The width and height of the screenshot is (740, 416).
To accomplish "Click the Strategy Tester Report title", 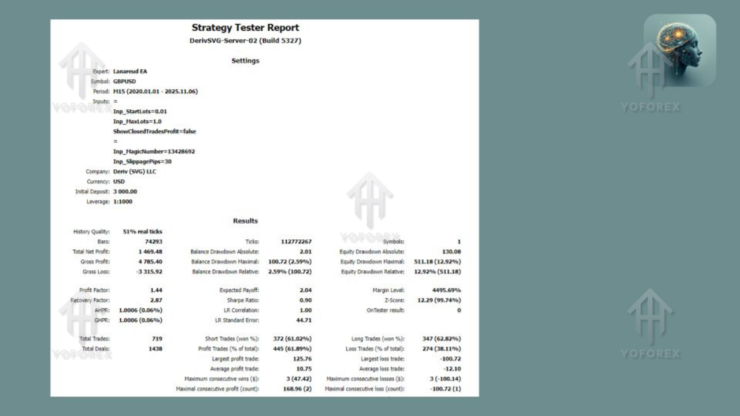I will coord(245,28).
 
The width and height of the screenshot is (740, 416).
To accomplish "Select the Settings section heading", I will coord(245,61).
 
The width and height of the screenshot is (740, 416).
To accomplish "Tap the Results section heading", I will coord(245,221).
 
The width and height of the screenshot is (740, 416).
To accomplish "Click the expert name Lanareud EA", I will coord(130,72).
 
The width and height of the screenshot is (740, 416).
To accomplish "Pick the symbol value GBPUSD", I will coord(125,81).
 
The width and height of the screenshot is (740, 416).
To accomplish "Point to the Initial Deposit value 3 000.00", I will coord(125,192).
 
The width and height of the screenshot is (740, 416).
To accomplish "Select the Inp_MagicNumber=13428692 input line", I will coord(154,151).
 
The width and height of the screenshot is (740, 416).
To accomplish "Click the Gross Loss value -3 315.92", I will coord(149,272).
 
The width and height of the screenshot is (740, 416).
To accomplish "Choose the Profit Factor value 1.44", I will coord(156,291).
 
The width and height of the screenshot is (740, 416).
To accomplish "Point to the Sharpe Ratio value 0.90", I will coord(305,300).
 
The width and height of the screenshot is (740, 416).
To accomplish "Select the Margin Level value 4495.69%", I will coord(446,291).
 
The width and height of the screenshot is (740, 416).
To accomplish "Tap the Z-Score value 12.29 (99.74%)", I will coord(439,300).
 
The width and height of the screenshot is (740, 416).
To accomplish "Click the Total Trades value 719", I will coord(157,339).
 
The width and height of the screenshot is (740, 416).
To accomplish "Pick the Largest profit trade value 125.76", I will coord(302,359).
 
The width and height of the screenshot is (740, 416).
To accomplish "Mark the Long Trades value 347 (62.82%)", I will coord(437,339).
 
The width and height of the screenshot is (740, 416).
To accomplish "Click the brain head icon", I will coord(680,50).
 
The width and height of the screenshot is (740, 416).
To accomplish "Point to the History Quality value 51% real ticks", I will coord(142,232).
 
